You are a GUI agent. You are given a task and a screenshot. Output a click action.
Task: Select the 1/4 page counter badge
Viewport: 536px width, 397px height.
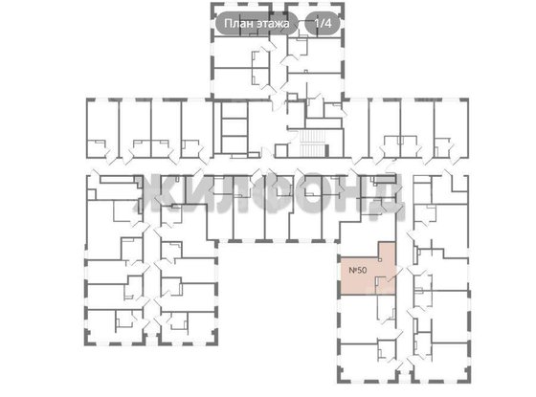point(323,23)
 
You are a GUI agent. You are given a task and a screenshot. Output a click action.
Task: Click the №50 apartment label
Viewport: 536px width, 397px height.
point(358,270)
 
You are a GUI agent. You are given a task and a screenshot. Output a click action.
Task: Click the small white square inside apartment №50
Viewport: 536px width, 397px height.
point(380,260)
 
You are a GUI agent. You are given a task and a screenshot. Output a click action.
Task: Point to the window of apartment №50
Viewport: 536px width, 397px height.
point(339,276)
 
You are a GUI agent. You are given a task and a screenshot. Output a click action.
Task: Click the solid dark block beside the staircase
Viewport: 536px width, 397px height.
point(326,150)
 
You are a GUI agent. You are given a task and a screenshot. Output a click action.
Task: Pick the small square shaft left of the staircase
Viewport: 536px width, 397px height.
point(281,151)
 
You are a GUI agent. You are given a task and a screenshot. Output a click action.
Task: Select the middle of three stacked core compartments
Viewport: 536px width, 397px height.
point(234,127)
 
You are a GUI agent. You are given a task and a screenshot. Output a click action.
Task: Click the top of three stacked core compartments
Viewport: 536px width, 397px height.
point(234,110)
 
